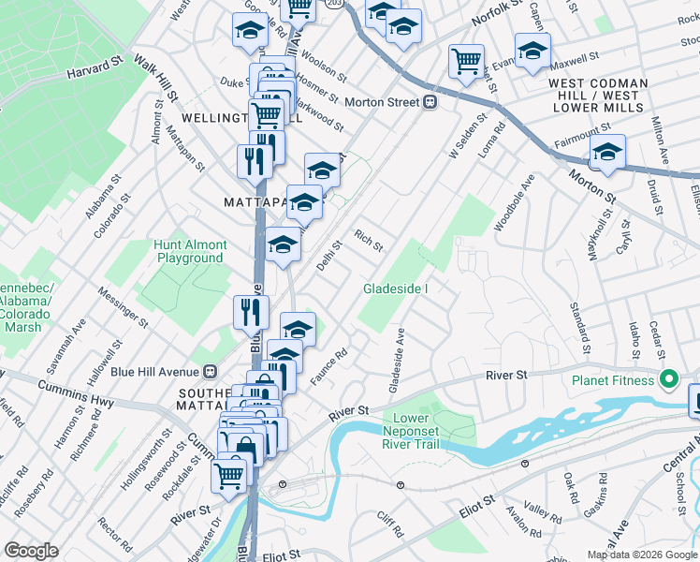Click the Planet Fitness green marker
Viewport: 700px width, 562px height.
click(668, 380)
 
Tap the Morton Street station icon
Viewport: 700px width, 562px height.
click(430, 102)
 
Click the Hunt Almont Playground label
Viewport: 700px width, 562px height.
click(191, 251)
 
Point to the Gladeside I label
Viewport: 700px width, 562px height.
click(396, 288)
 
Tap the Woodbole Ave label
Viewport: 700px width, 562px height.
click(514, 201)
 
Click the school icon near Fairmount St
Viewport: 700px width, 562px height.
click(607, 154)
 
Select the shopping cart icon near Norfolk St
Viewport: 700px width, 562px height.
click(466, 62)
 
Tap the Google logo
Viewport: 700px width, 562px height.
click(32, 551)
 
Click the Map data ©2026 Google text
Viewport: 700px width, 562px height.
click(642, 555)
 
